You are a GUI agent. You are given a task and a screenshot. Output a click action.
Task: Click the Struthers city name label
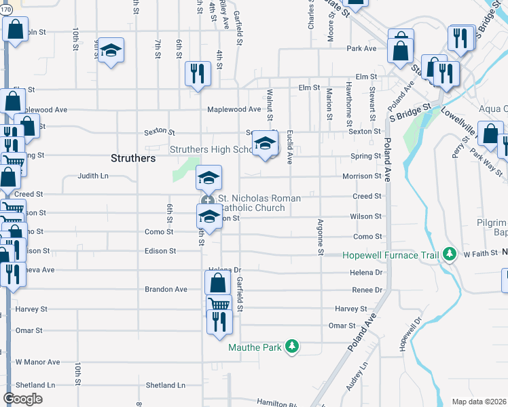133,158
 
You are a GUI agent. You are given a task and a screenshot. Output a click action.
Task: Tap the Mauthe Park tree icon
292,347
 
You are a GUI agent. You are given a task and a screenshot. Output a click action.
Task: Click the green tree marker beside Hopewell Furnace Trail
448,254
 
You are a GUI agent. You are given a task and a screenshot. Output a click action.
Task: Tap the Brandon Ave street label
166,289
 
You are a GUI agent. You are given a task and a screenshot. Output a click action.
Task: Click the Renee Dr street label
367,290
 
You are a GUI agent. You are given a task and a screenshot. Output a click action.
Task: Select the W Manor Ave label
38,362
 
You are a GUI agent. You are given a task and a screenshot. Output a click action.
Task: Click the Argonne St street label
319,237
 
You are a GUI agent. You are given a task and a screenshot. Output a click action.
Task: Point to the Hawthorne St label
348,100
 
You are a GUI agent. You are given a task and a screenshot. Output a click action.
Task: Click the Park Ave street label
361,49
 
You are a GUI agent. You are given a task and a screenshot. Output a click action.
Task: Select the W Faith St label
481,254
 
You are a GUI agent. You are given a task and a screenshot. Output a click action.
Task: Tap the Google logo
22,399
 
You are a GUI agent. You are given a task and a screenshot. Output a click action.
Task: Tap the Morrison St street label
361,176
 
